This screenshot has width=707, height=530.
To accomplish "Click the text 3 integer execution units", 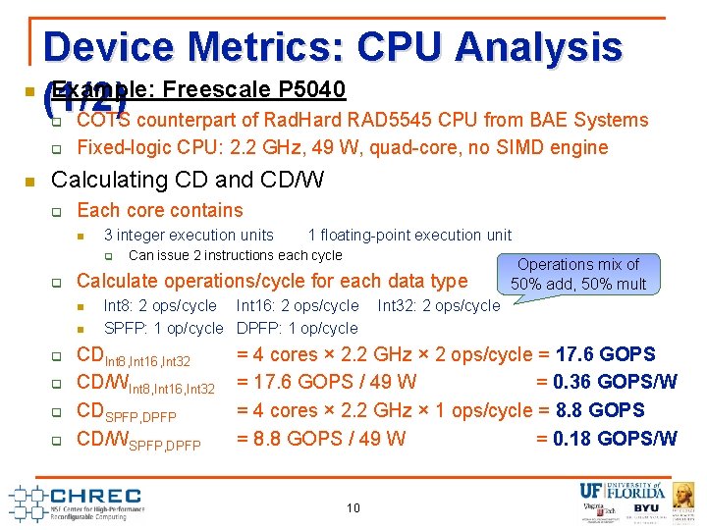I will pyautogui.click(x=189, y=235).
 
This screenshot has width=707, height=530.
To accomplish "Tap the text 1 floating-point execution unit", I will pyautogui.click(x=409, y=235).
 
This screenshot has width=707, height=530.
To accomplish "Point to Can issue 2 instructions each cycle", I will pyautogui.click(x=236, y=255).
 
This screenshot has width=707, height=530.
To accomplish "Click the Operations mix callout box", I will pyautogui.click(x=578, y=274).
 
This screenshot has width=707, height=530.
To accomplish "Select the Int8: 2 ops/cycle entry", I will pyautogui.click(x=160, y=306).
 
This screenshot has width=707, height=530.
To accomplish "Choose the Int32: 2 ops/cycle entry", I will pyautogui.click(x=439, y=306).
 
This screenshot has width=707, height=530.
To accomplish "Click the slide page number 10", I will pyautogui.click(x=353, y=507).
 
